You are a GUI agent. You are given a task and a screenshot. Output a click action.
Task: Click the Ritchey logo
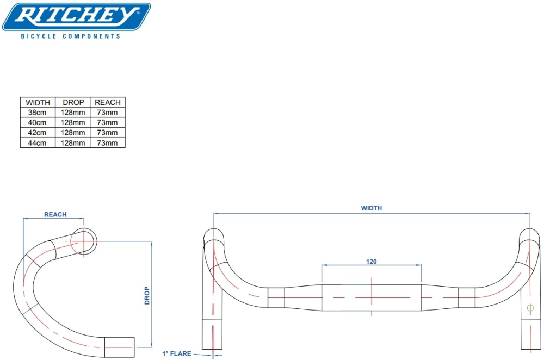[x=76, y=17]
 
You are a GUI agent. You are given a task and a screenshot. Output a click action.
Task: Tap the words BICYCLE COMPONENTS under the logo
[x=70, y=36]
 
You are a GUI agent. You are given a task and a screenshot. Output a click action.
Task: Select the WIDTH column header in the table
[x=38, y=102]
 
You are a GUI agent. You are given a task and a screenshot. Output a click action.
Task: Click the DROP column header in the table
[x=72, y=102]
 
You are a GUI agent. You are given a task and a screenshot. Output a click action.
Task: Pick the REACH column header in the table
[x=107, y=102]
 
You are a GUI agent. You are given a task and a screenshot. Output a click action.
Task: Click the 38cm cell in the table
[x=38, y=113]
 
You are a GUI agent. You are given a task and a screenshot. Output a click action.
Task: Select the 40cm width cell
[x=38, y=122]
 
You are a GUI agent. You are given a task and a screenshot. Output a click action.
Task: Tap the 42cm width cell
[x=38, y=133]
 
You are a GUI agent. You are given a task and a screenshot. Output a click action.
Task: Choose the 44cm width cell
[x=38, y=143]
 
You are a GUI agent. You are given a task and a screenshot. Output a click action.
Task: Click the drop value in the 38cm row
[x=72, y=113]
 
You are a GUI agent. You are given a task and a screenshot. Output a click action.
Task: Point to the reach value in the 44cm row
[x=107, y=143]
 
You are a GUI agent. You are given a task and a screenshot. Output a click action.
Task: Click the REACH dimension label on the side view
[x=55, y=215]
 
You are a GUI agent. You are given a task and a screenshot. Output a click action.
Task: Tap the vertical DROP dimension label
[x=147, y=295]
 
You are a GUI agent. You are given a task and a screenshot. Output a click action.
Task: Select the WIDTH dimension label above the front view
[x=372, y=208]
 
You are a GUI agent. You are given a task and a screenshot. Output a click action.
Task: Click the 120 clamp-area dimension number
[x=371, y=262]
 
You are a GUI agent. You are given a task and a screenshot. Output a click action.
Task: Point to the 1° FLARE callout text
[x=176, y=353]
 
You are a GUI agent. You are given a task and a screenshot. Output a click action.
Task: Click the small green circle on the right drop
[x=530, y=308]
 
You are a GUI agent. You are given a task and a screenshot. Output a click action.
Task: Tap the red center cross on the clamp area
[x=372, y=297]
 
